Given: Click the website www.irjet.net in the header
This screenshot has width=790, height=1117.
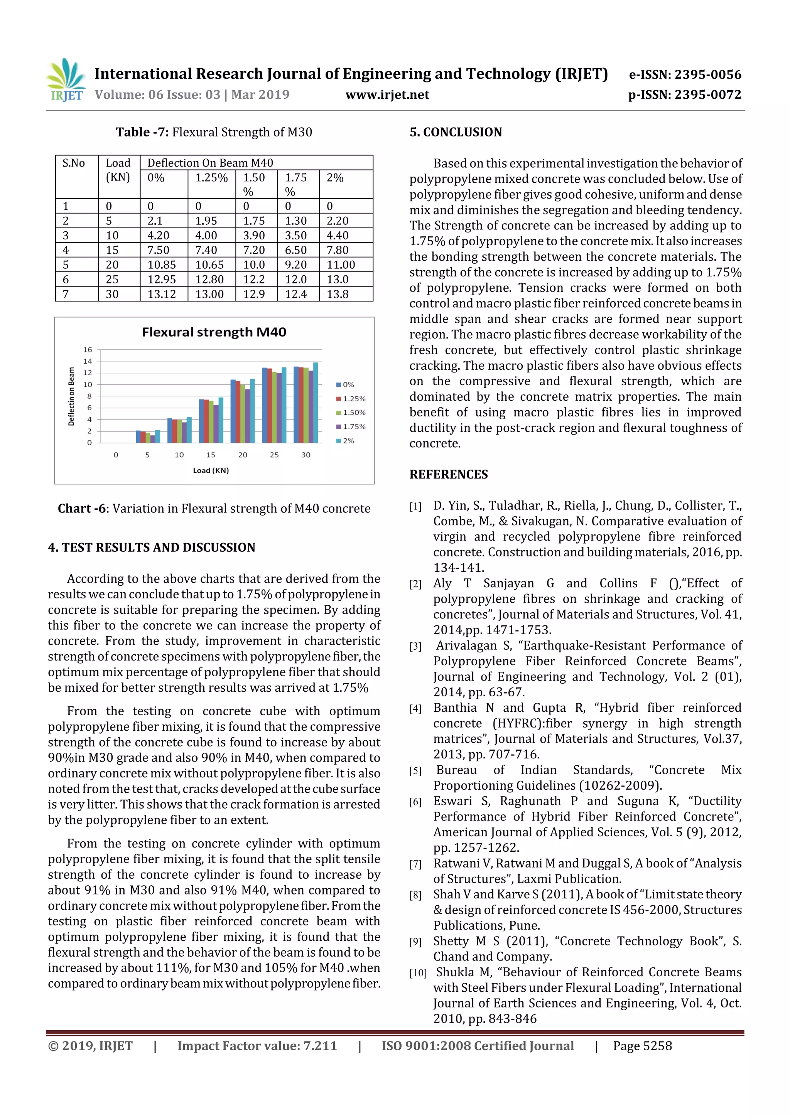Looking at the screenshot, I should pyautogui.click(x=387, y=95).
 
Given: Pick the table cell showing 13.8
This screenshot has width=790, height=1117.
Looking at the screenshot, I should pyautogui.click(x=338, y=294).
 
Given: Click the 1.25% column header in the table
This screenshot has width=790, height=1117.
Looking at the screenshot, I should pyautogui.click(x=211, y=178).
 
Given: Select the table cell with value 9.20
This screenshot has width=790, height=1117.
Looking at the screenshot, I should pyautogui.click(x=295, y=265).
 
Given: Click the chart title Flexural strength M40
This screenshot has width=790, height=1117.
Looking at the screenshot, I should pyautogui.click(x=214, y=332).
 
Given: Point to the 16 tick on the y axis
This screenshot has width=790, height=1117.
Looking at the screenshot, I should pyautogui.click(x=88, y=350).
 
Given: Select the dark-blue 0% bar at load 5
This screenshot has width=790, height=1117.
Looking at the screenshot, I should pyautogui.click(x=138, y=436).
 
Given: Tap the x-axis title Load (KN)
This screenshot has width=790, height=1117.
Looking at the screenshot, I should pyautogui.click(x=211, y=470).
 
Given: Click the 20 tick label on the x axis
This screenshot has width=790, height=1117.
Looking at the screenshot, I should pyautogui.click(x=242, y=455).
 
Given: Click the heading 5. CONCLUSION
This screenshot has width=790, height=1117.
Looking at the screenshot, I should pyautogui.click(x=456, y=132).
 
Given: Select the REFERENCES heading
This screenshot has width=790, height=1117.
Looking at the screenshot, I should pyautogui.click(x=448, y=474).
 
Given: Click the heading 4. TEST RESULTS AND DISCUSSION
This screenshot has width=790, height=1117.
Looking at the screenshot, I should pyautogui.click(x=151, y=548).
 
